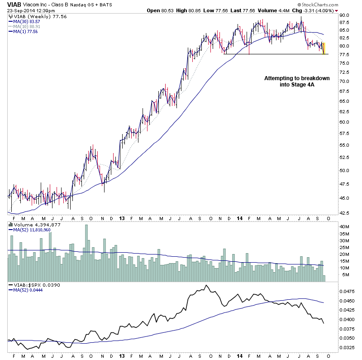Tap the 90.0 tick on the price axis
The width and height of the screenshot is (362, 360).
(345, 15)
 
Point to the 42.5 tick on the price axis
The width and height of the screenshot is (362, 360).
(345, 212)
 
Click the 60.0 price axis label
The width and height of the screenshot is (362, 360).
(345, 122)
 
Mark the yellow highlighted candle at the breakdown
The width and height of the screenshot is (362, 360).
(324, 48)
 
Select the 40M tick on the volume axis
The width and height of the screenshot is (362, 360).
(345, 226)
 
